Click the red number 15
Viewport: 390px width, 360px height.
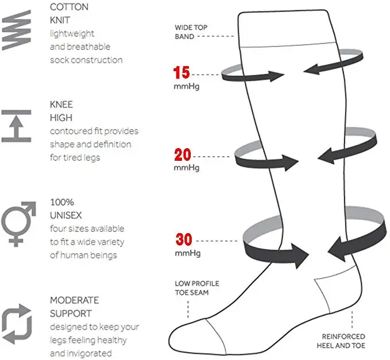pos(182,73)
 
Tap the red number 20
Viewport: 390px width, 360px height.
pos(183,154)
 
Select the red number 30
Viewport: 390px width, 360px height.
pos(183,238)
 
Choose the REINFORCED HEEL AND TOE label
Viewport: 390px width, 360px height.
pos(343,341)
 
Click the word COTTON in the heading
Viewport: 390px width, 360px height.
pos(69,7)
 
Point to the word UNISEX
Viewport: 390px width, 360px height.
pos(67,215)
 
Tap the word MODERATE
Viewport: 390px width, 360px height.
pos(75,300)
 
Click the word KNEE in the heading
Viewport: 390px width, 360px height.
pos(61,105)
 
